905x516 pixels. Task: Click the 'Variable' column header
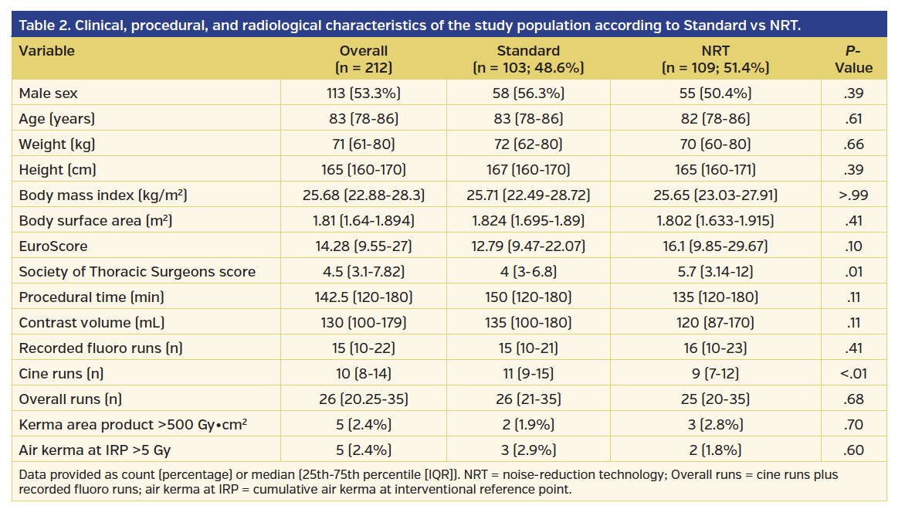click(x=47, y=51)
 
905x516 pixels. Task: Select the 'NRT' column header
click(x=715, y=51)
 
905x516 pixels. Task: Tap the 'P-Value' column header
click(x=853, y=59)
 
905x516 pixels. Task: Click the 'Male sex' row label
click(x=49, y=93)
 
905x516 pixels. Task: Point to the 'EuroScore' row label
click(x=53, y=246)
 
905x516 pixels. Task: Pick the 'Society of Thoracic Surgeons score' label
click(x=137, y=272)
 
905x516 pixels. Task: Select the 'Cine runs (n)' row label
click(x=61, y=374)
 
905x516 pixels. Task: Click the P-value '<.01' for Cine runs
click(x=853, y=374)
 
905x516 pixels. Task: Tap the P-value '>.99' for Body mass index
click(x=853, y=195)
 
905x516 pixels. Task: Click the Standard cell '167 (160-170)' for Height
click(x=528, y=170)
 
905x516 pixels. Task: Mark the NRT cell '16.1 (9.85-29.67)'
click(x=715, y=246)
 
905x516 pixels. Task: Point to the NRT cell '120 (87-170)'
click(x=715, y=323)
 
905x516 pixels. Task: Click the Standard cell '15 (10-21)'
click(x=528, y=348)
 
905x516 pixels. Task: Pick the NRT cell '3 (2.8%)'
click(x=715, y=425)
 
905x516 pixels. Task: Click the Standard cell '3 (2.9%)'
click(x=528, y=450)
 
